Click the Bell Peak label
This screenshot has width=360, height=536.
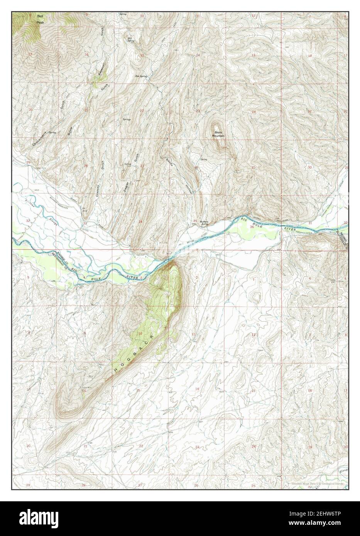click(40, 19)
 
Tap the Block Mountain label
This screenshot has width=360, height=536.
click(219, 134)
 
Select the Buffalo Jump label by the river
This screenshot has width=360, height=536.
click(205, 222)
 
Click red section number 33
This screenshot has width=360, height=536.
click(85, 223)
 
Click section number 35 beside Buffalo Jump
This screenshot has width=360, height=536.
click(195, 221)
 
